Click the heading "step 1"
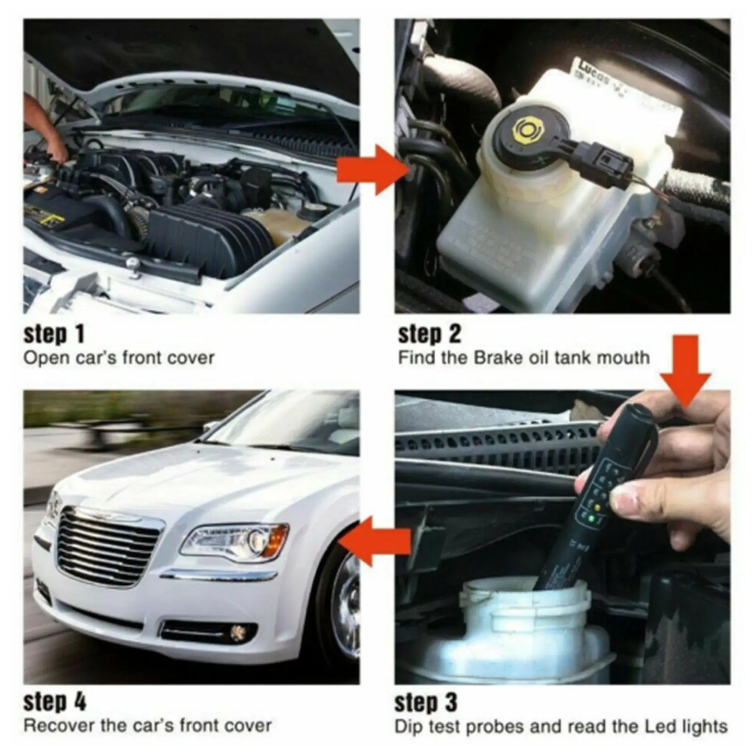(54, 334)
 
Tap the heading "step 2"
(429, 334)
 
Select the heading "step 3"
(425, 702)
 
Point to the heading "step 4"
(54, 702)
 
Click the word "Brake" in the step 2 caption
(492, 358)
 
